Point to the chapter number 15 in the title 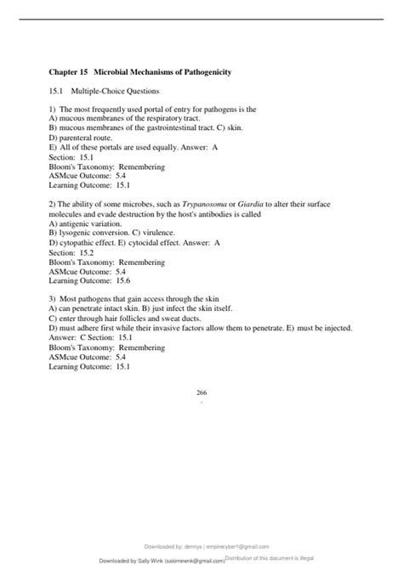83,72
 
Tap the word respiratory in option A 163,119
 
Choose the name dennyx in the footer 224,547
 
